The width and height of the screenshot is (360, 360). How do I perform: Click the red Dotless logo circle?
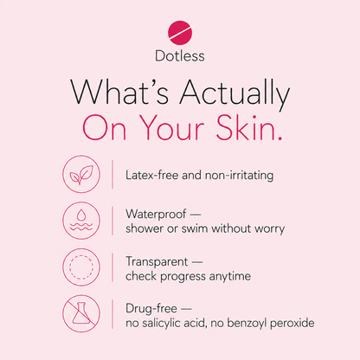[180, 33]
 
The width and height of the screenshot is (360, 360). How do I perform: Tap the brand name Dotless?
[180, 55]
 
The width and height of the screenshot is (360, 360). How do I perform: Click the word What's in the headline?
[119, 93]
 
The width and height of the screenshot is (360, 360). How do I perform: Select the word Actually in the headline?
[235, 94]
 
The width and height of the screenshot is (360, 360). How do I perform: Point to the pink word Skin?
[249, 127]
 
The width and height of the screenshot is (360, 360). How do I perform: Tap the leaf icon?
[81, 174]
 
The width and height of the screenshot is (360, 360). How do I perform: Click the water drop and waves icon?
[81, 221]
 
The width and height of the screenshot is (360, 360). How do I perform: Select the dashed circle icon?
[81, 267]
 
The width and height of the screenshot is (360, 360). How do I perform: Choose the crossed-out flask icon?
[81, 313]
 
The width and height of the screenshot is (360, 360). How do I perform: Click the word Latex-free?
[151, 175]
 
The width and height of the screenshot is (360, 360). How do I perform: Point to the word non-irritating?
[239, 176]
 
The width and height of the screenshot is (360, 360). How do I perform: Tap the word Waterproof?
[156, 215]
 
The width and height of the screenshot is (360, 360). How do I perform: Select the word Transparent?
[157, 262]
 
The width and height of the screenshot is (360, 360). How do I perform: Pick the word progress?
[183, 277]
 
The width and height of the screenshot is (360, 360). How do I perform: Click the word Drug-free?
[151, 309]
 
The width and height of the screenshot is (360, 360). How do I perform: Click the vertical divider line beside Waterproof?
[112, 221]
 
